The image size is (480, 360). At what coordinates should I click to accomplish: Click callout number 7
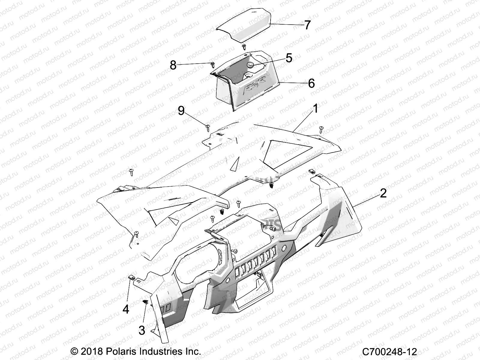tap(307, 25)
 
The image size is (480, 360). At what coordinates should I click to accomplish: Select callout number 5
tap(289, 58)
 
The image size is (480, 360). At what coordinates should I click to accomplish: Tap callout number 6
tap(311, 83)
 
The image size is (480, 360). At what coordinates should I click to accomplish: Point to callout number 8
tap(173, 65)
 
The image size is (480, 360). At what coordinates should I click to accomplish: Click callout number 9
tap(181, 111)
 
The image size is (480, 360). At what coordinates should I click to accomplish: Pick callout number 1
tap(315, 108)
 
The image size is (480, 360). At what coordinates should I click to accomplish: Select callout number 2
tap(383, 193)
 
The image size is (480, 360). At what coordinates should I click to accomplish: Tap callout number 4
tap(126, 309)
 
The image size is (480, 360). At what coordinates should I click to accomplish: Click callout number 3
tap(142, 330)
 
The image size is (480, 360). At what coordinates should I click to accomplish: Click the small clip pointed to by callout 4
tap(131, 277)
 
